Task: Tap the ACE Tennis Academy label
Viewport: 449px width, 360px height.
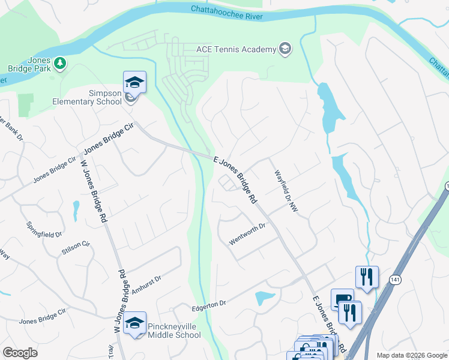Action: (x=236, y=49)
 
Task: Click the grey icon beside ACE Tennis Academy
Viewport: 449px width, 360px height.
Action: (x=285, y=49)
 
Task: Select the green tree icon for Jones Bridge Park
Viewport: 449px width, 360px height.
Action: (x=59, y=63)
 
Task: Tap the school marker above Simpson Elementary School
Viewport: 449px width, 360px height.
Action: (x=134, y=83)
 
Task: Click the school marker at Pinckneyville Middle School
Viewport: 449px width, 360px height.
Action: (x=135, y=324)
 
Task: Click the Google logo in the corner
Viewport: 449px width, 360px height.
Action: (x=20, y=352)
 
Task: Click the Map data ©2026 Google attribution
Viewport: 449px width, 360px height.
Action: (x=411, y=355)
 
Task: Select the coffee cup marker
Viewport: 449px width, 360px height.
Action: (x=342, y=299)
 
